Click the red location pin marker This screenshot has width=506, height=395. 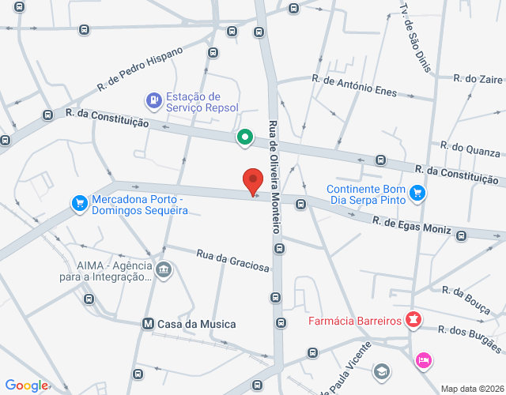(253, 182)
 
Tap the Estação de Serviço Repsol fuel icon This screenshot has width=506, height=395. (153, 100)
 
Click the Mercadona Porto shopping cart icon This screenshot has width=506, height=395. (79, 204)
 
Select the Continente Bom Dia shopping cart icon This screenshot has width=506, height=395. (418, 192)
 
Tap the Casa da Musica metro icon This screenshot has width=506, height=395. (147, 324)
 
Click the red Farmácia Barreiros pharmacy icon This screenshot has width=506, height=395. (412, 321)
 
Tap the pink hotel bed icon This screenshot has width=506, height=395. (424, 360)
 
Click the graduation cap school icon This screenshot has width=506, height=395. (382, 371)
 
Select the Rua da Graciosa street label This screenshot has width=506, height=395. (232, 261)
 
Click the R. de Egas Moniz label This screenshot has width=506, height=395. (412, 225)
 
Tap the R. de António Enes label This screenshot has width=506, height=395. (354, 86)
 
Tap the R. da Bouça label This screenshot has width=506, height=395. (469, 301)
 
